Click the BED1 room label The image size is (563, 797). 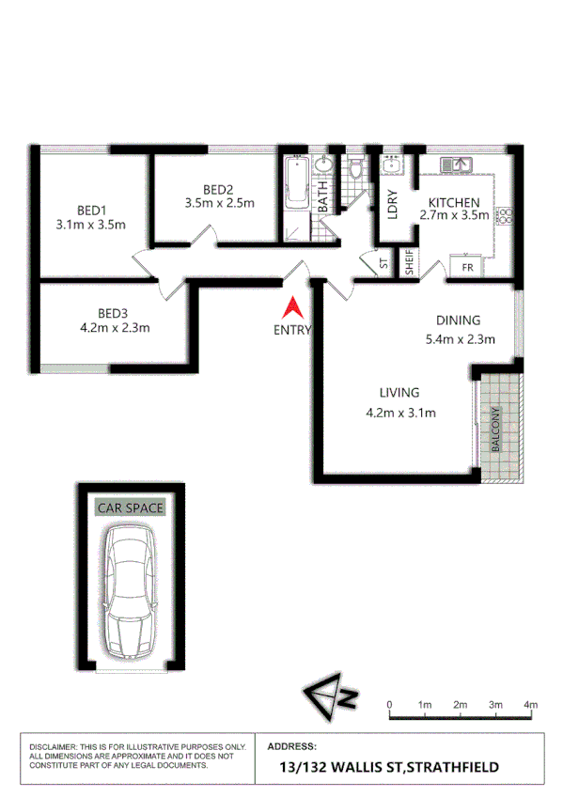[91, 210]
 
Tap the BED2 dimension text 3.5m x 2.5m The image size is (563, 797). [220, 202]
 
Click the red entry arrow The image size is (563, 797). [292, 307]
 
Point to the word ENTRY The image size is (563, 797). [292, 330]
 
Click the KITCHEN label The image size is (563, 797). [455, 202]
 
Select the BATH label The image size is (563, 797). [322, 196]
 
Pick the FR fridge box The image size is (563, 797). [467, 267]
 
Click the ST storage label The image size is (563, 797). [383, 265]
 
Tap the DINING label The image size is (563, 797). [458, 320]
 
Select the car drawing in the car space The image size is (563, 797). [130, 593]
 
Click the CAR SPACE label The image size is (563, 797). [131, 508]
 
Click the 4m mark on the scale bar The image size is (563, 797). [532, 704]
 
